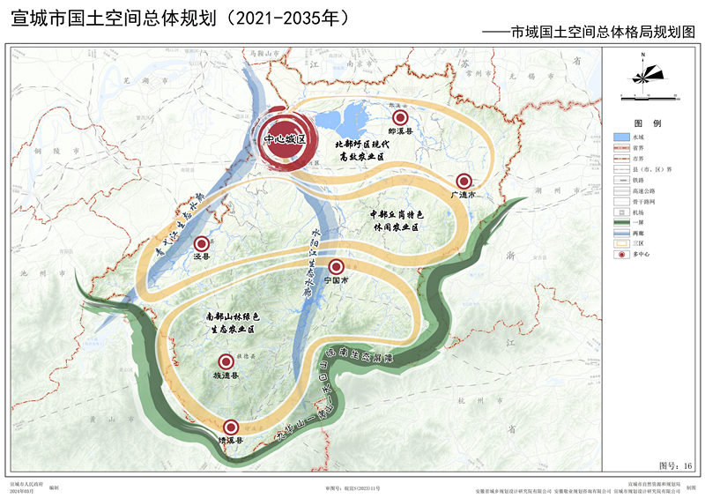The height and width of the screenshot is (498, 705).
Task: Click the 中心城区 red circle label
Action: [x=285, y=140]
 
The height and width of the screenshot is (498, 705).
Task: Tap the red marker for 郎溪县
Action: [x=400, y=117]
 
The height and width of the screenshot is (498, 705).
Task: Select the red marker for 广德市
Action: [x=464, y=181]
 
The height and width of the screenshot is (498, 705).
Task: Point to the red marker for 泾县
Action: [x=202, y=244]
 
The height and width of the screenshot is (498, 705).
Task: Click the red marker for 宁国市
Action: [x=335, y=266]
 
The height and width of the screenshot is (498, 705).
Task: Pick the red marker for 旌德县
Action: [x=223, y=360]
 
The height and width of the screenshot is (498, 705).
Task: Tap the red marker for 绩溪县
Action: [x=232, y=426]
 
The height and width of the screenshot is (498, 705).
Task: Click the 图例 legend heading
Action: [x=647, y=123]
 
